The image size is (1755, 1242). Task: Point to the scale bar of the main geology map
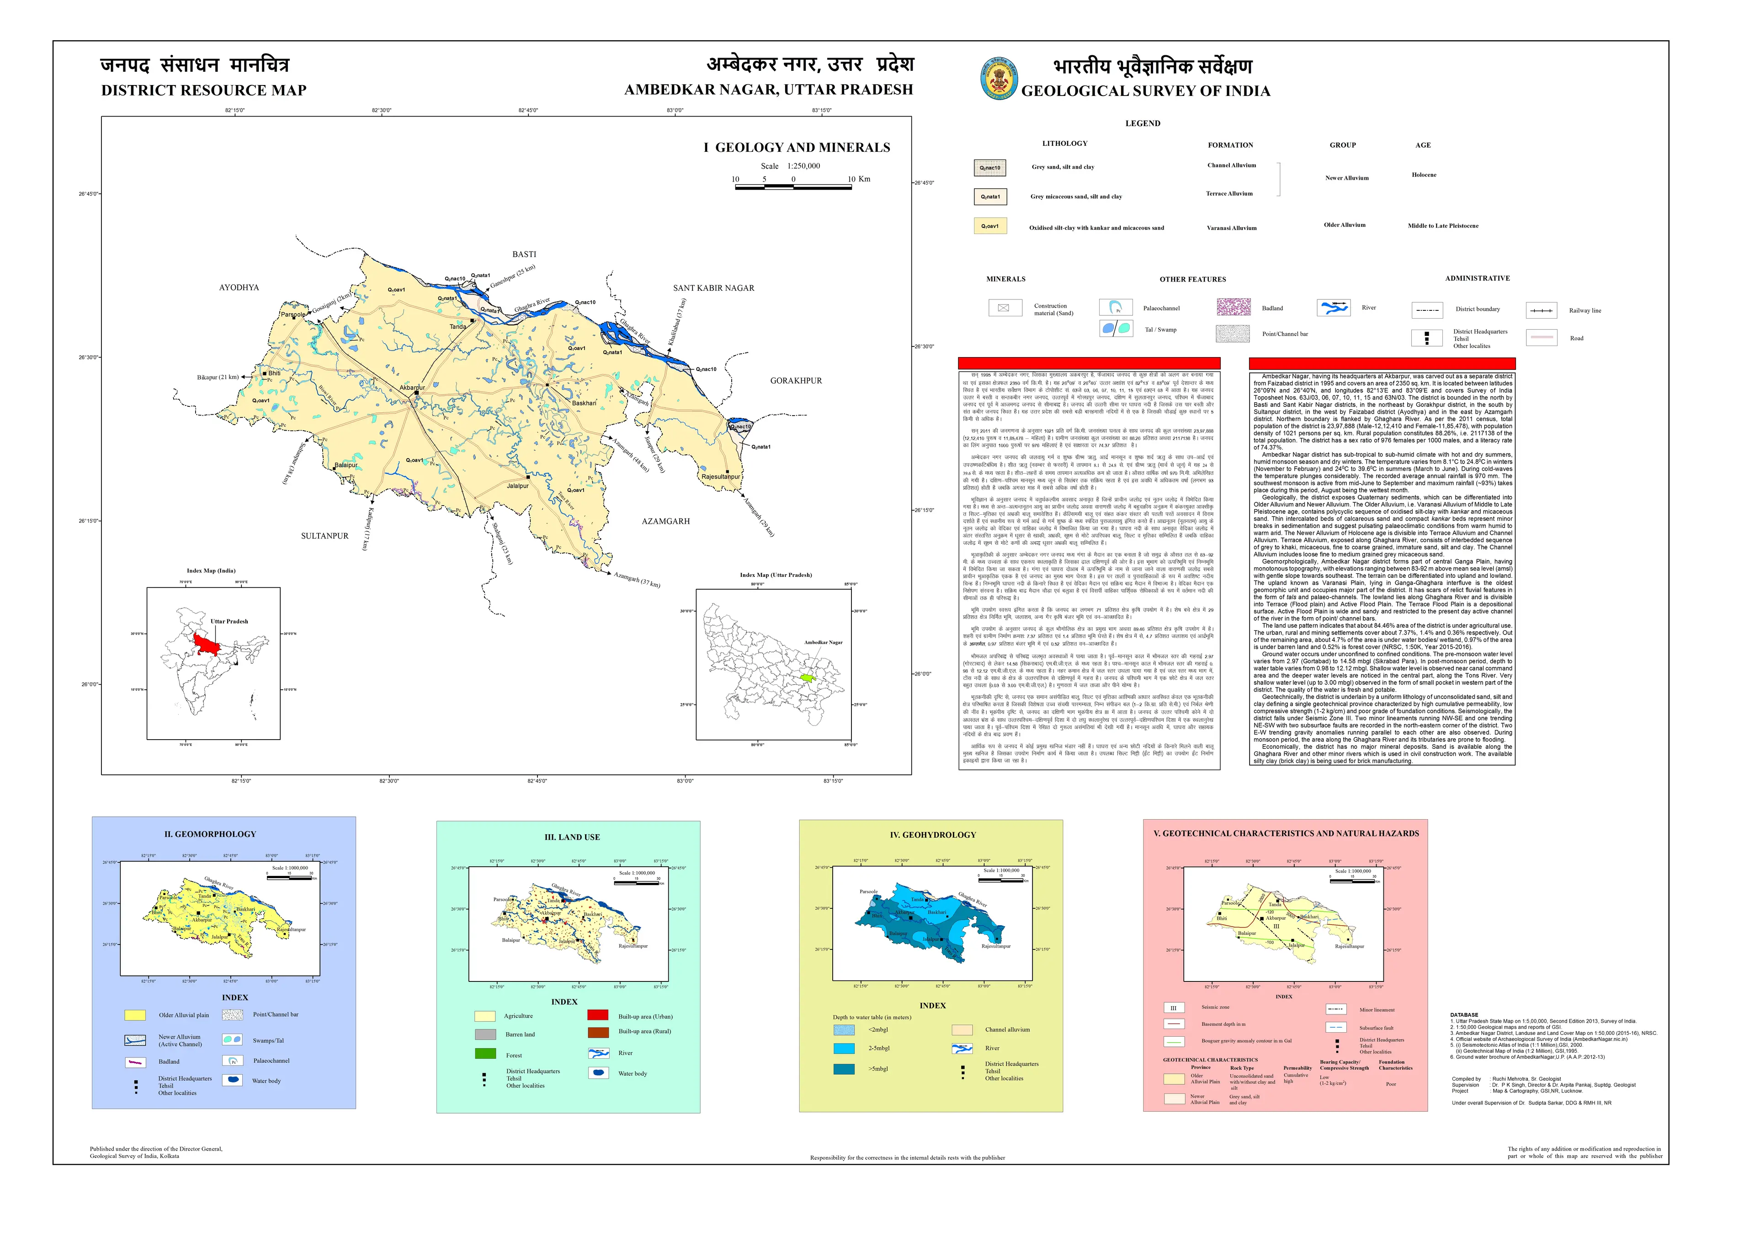[793, 187]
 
